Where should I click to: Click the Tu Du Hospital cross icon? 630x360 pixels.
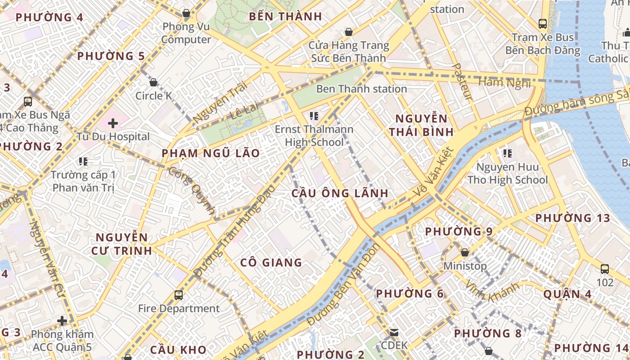pyautogui.click(x=112, y=123)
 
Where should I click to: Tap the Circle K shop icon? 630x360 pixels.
pyautogui.click(x=153, y=82)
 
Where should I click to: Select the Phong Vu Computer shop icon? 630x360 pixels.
pyautogui.click(x=186, y=13)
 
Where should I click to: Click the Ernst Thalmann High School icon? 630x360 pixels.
pyautogui.click(x=314, y=116)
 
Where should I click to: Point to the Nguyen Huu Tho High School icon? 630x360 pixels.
pyautogui.click(x=508, y=153)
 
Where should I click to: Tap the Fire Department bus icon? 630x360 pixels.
pyautogui.click(x=179, y=295)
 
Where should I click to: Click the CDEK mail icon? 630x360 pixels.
pyautogui.click(x=394, y=332)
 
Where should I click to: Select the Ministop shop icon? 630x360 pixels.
pyautogui.click(x=465, y=252)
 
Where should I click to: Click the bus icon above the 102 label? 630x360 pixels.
pyautogui.click(x=605, y=269)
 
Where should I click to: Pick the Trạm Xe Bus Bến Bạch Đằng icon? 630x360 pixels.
pyautogui.click(x=543, y=23)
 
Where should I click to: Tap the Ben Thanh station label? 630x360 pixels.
pyautogui.click(x=362, y=89)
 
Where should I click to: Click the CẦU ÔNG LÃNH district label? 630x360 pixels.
pyautogui.click(x=340, y=193)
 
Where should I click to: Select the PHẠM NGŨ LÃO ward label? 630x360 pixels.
pyautogui.click(x=211, y=153)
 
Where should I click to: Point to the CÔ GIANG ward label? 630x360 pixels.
pyautogui.click(x=271, y=262)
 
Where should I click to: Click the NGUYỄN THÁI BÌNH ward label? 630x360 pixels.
pyautogui.click(x=421, y=126)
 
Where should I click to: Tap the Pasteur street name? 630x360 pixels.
pyautogui.click(x=462, y=81)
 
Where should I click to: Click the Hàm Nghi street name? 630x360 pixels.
pyautogui.click(x=504, y=83)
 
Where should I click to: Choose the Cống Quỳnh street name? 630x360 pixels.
pyautogui.click(x=192, y=190)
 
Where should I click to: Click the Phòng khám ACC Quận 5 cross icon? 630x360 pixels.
pyautogui.click(x=62, y=321)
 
